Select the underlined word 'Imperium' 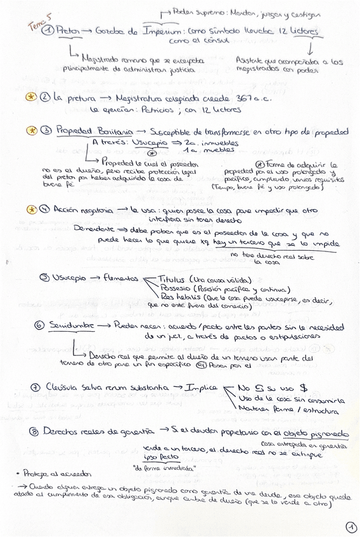(x=160, y=31)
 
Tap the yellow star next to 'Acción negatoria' (x=32, y=209)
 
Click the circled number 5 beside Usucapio (x=44, y=277)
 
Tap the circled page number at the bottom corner (x=351, y=526)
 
